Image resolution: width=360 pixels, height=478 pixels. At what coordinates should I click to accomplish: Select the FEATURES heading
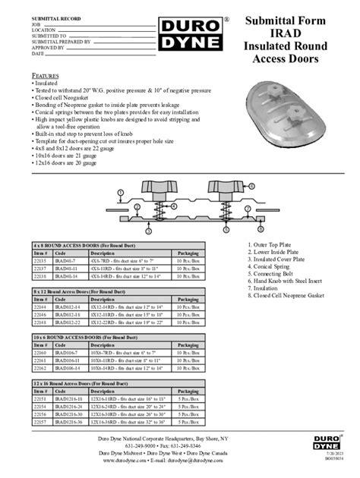coord(46,77)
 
